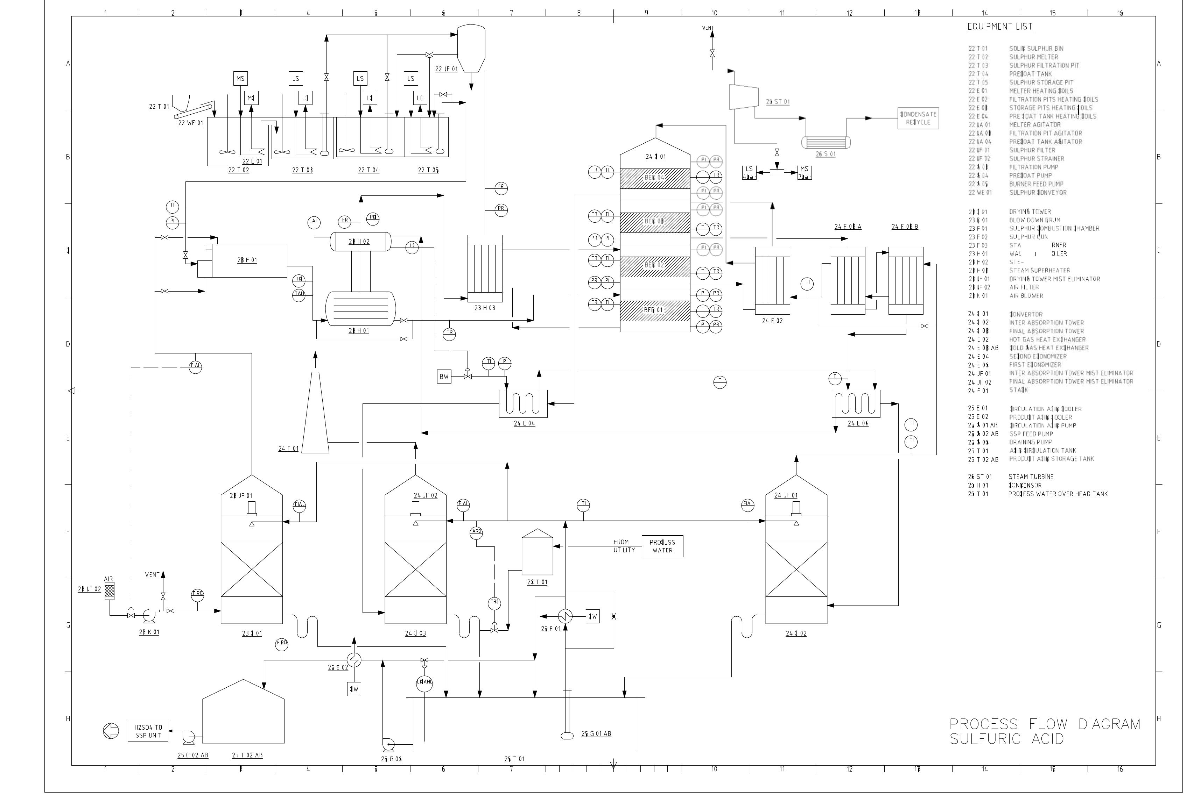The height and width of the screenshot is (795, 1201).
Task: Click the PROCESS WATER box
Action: tap(662, 546)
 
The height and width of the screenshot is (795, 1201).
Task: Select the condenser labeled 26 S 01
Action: tap(826, 142)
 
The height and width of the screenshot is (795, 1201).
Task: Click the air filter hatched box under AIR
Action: tap(110, 591)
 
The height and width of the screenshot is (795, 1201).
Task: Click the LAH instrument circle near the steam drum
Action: tap(314, 221)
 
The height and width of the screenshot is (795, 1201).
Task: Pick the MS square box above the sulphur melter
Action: tap(240, 79)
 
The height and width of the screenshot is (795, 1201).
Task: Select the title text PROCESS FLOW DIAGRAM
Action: tap(1045, 724)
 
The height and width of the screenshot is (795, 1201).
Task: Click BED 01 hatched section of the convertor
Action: tap(654, 310)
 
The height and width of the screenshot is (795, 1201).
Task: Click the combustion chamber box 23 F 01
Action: tap(247, 260)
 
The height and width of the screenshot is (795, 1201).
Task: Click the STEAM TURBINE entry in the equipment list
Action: tap(1031, 477)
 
